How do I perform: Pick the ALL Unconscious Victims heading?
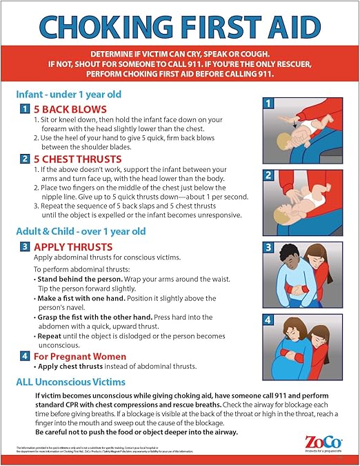[x=71, y=382]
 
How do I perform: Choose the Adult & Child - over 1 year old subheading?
[x=81, y=231]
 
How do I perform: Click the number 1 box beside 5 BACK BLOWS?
[x=24, y=109]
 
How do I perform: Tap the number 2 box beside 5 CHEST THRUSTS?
[x=24, y=159]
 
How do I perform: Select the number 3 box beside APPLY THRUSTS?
[x=24, y=246]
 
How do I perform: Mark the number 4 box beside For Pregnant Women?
[x=24, y=356]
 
